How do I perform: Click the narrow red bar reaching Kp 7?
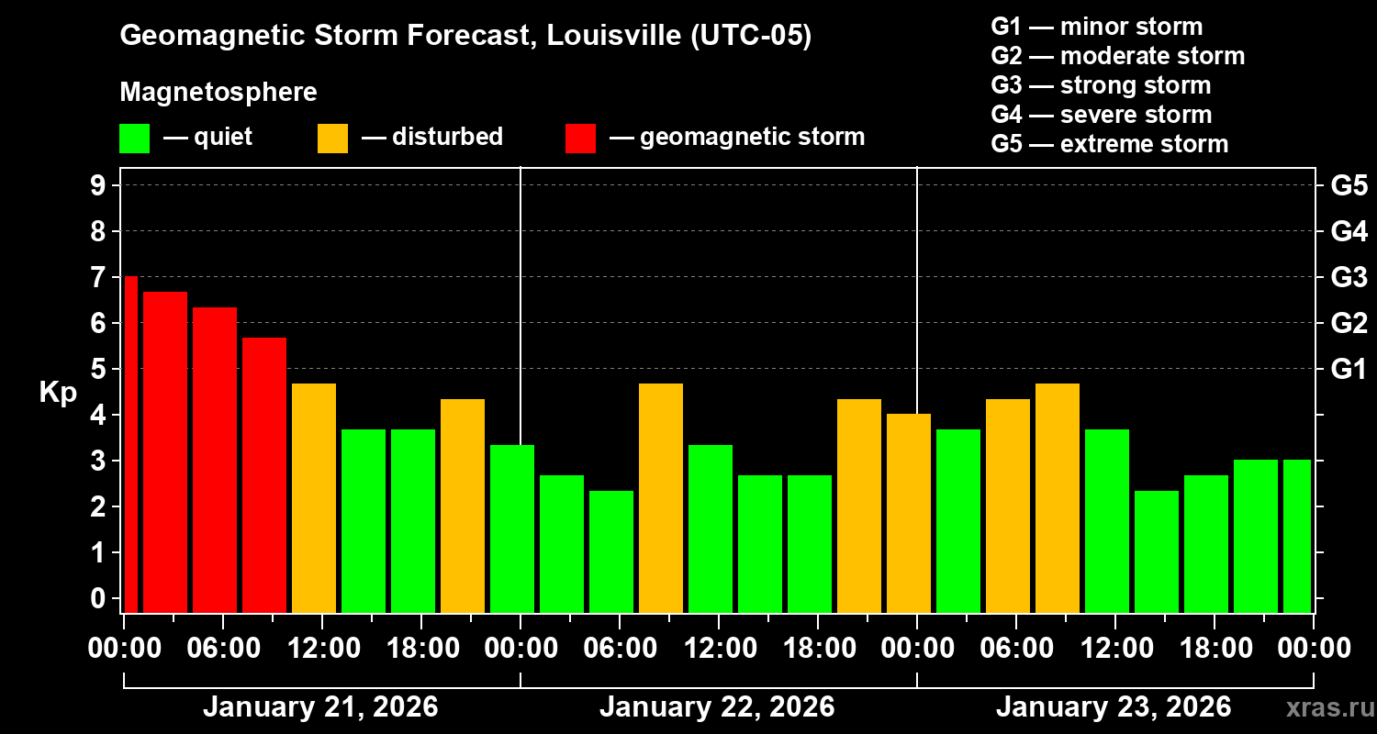click(x=130, y=444)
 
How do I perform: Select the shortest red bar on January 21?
click(x=264, y=474)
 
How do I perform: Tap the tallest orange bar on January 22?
click(x=661, y=497)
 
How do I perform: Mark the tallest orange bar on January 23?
click(x=1058, y=497)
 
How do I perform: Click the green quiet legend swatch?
click(x=134, y=138)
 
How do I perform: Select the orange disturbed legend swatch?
click(x=332, y=138)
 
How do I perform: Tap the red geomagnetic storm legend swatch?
click(x=580, y=138)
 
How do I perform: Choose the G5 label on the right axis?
click(x=1349, y=186)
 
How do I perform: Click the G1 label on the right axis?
click(x=1349, y=370)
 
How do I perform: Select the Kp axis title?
click(x=58, y=393)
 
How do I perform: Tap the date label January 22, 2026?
click(x=717, y=707)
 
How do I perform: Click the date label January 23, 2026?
click(x=1114, y=707)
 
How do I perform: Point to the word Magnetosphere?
click(x=218, y=93)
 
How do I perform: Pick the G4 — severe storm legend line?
click(x=1102, y=115)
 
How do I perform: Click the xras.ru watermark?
click(x=1321, y=707)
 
